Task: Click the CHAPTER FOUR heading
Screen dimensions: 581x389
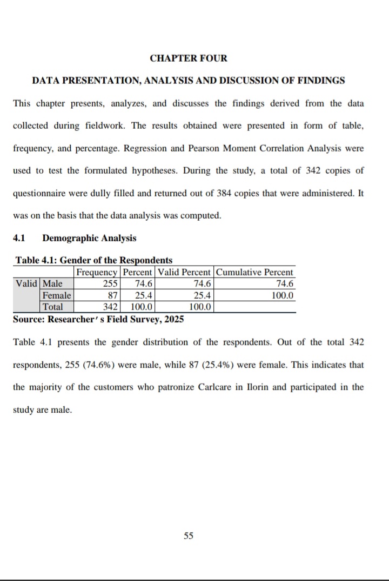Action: point(189,58)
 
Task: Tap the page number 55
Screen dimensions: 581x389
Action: point(189,536)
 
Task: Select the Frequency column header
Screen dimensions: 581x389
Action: point(97,272)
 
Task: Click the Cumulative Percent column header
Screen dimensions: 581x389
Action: point(255,272)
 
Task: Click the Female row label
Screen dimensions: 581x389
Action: point(56,295)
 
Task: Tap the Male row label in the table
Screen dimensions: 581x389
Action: point(53,283)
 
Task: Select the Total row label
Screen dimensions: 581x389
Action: point(53,307)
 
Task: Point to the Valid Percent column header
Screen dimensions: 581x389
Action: point(184,272)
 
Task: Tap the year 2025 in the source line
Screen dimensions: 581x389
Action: point(173,319)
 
